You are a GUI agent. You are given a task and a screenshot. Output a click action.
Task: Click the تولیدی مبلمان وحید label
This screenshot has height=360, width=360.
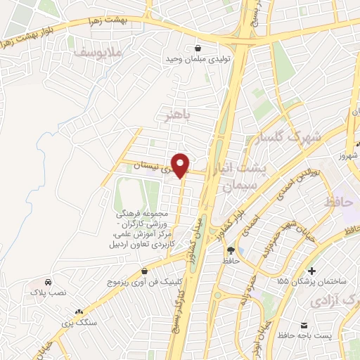pos(198,59)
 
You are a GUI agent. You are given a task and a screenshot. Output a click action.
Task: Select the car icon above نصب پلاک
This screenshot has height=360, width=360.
pos(46,281)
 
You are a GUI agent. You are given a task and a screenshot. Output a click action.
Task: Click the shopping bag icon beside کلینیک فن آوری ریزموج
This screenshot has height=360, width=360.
pos(144,271)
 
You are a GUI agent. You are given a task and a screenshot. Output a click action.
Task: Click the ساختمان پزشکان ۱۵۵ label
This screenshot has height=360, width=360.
pos(313,281)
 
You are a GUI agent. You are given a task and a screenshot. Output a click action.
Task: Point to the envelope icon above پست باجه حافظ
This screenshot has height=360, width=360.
pos(304,326)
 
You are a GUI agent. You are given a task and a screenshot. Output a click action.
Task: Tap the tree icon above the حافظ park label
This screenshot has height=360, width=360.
pos(230,250)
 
